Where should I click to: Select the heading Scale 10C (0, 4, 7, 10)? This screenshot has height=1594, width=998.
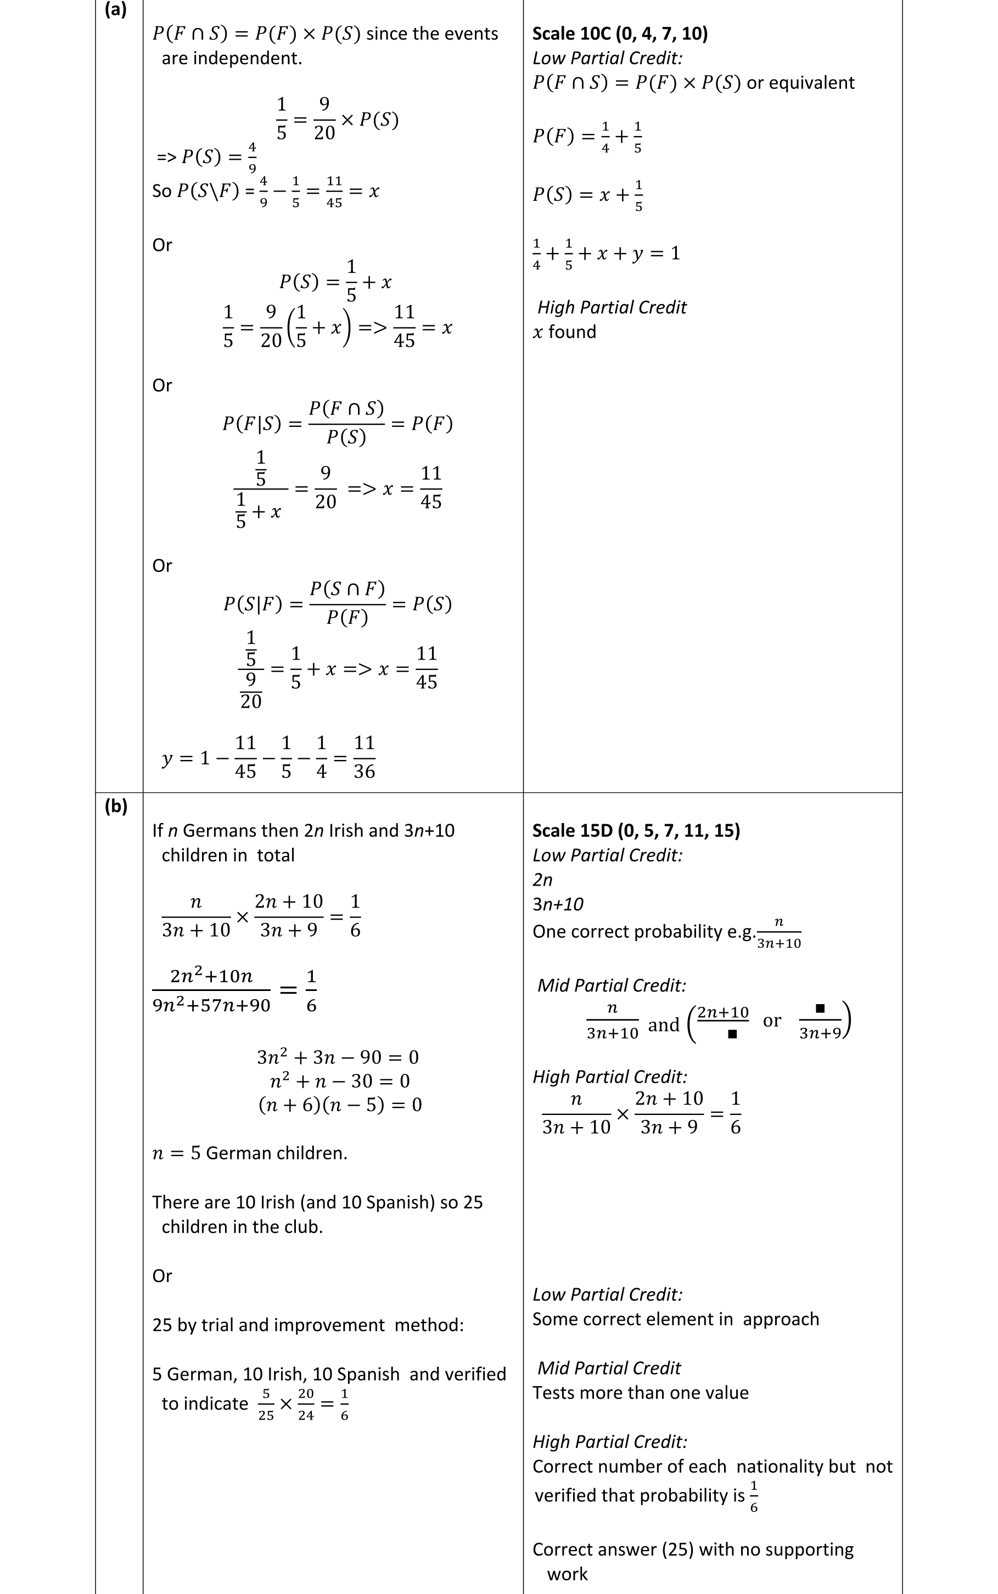point(620,33)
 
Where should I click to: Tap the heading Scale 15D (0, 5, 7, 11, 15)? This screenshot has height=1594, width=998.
point(636,830)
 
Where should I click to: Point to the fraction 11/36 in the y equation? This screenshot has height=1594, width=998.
point(365,757)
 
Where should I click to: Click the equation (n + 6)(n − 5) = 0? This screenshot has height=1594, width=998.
point(340,1105)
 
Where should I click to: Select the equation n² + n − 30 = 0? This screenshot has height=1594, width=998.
point(340,1081)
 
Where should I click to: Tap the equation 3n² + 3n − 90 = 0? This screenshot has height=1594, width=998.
point(338,1057)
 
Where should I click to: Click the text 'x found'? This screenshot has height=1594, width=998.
point(564,331)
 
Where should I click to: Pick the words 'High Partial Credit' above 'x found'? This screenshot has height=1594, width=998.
point(612,307)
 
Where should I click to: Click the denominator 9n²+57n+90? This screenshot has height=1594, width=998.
point(211,1005)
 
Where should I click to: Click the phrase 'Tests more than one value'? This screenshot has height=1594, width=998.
point(640,1392)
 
